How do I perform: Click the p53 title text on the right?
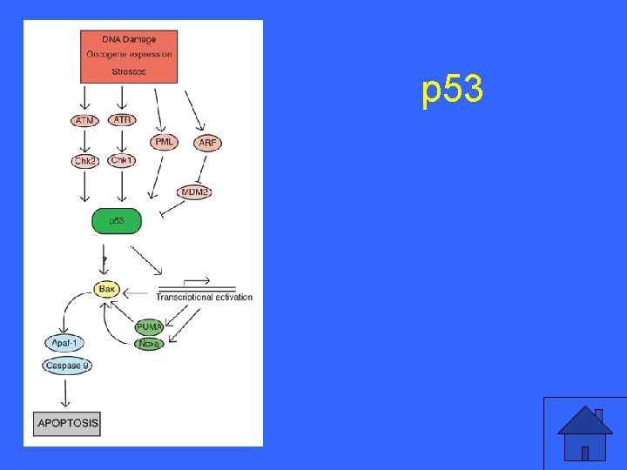point(452,91)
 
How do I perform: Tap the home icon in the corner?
point(585,433)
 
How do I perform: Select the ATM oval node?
point(84,120)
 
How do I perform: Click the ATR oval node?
point(122,120)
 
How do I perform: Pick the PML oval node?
point(165,142)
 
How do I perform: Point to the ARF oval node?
point(208,143)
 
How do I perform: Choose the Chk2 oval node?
point(84,161)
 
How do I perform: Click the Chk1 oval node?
point(122,161)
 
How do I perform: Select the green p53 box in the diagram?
point(117,222)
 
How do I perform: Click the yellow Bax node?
point(107,288)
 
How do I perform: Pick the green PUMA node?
point(149,327)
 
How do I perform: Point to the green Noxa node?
point(149,345)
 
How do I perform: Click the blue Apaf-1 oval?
point(65,344)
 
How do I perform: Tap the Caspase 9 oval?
point(67,366)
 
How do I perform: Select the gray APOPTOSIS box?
point(67,424)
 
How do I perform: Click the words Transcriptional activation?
point(204,298)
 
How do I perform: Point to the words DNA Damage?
point(128,40)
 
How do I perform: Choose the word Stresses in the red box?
point(129,70)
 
